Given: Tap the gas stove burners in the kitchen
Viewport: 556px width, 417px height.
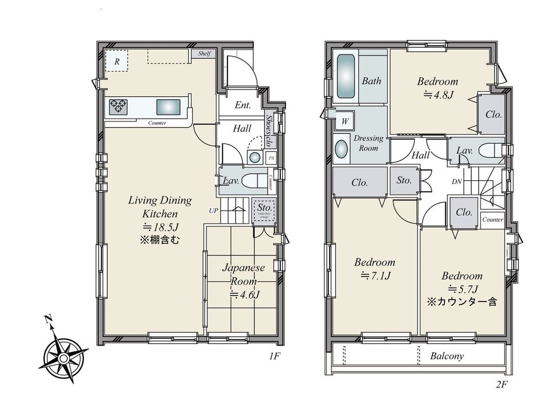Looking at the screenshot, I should point(118,107).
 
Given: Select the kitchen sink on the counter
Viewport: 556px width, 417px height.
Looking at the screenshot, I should point(168,107).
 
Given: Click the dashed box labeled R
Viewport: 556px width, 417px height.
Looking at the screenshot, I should point(117,61).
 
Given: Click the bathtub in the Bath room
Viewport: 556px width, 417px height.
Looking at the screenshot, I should point(346,77).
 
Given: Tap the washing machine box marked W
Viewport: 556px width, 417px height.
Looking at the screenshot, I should point(344,122).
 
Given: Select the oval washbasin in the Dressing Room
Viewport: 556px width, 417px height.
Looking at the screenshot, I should point(341,149).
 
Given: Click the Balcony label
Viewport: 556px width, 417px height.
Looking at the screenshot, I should point(447,356).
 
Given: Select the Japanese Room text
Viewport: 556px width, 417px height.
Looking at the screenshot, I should point(244,275).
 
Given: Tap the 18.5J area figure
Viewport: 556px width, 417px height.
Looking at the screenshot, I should point(161,227).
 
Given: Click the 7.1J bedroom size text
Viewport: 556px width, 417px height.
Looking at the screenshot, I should point(374,275).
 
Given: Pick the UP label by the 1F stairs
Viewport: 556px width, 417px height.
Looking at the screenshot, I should point(213,210).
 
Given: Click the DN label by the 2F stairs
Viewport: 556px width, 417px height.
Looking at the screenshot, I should point(456,182).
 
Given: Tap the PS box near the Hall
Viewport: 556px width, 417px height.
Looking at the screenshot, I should point(271,158).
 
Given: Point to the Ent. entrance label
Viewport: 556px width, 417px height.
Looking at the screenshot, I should point(242,106).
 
